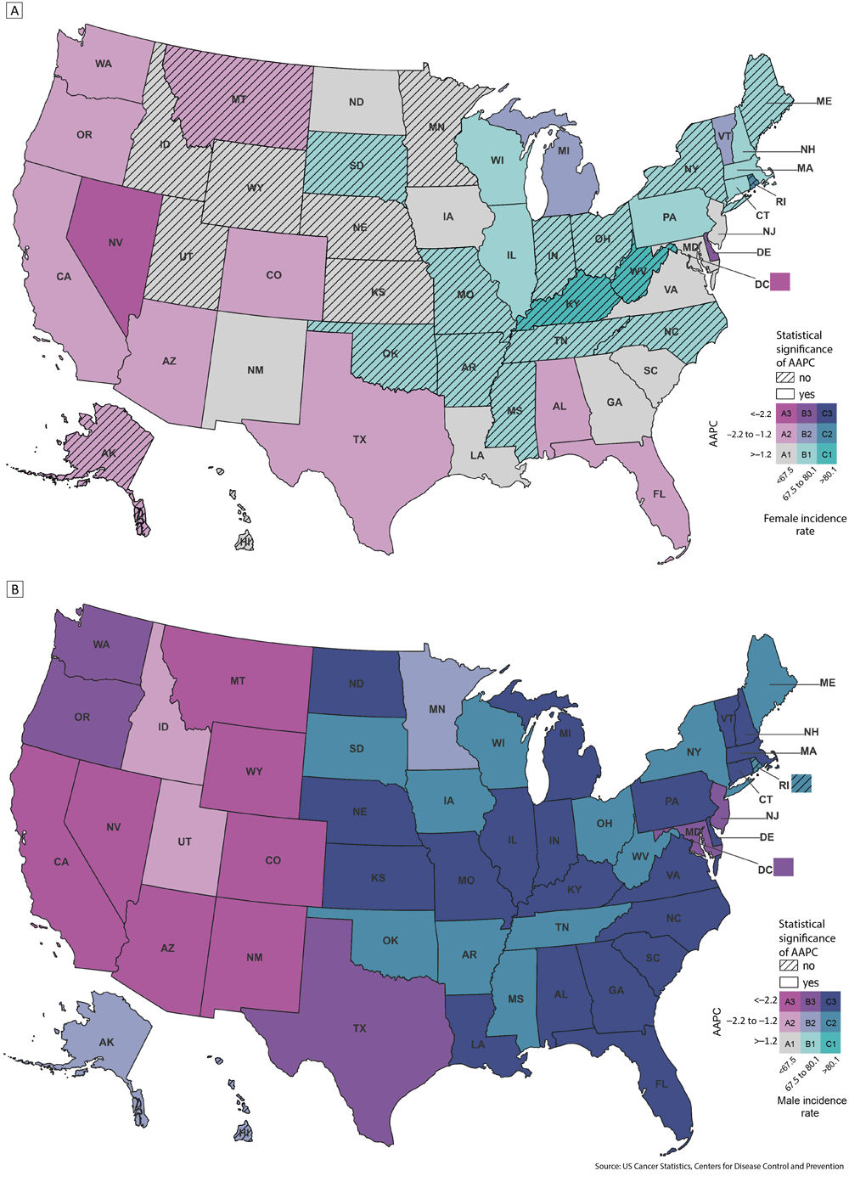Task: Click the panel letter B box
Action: click(x=14, y=588)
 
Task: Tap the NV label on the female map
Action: click(x=115, y=243)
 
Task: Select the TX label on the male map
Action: click(x=360, y=1028)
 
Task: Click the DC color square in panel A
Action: click(x=779, y=282)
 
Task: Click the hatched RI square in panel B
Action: click(x=802, y=784)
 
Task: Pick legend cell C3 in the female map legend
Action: click(x=827, y=414)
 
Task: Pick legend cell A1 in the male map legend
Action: click(x=790, y=1044)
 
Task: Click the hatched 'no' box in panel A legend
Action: click(x=784, y=378)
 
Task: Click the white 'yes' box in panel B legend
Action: click(x=788, y=982)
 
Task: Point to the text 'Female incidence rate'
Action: click(x=805, y=524)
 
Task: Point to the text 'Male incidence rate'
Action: click(x=811, y=1106)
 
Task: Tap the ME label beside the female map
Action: click(x=824, y=101)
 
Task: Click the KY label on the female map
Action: click(x=572, y=305)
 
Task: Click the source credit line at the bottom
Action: click(x=718, y=1166)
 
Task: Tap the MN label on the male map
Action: click(x=436, y=709)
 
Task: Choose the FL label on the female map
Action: click(x=660, y=493)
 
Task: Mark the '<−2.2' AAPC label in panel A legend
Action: click(x=761, y=414)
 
